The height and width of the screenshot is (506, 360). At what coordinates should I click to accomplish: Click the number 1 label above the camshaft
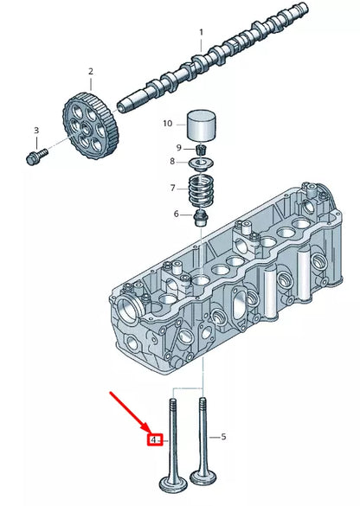click(x=201, y=33)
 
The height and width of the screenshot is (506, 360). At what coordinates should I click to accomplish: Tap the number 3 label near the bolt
click(x=36, y=131)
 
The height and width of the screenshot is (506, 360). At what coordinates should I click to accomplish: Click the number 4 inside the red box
click(x=153, y=440)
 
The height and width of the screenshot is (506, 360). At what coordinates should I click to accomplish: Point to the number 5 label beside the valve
click(x=223, y=437)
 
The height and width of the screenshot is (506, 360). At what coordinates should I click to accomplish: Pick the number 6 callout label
click(x=177, y=214)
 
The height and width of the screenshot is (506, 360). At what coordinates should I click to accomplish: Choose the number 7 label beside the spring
click(x=172, y=188)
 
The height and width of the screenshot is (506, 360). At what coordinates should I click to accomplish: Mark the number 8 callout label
click(x=171, y=162)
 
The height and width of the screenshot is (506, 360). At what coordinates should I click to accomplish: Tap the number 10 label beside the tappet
click(x=168, y=124)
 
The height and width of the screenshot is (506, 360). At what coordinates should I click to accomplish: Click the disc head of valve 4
click(x=176, y=483)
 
